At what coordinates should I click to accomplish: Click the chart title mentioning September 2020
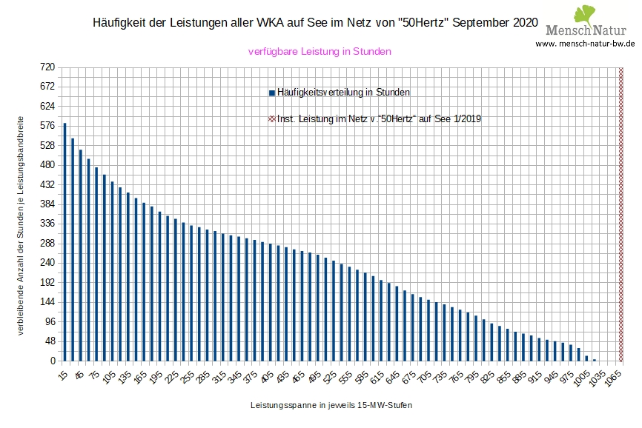[315, 22]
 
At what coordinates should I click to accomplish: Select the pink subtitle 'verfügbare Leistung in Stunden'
[319, 52]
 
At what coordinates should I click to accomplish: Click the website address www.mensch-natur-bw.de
[586, 44]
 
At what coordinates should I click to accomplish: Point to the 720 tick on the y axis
[47, 67]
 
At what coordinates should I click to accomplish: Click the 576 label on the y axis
[47, 125]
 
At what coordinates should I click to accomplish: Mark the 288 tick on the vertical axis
[47, 243]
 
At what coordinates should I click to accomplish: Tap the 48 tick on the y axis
[49, 341]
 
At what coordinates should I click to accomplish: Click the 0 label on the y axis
[52, 361]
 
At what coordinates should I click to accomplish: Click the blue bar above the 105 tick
[112, 271]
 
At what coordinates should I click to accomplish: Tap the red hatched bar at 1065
[621, 214]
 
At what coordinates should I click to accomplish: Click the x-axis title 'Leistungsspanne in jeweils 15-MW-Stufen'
[331, 406]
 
